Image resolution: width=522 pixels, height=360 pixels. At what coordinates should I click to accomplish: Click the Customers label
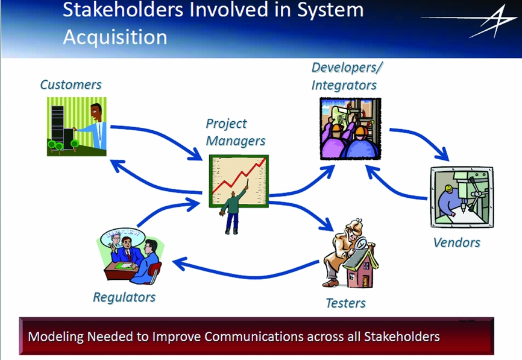click(x=71, y=84)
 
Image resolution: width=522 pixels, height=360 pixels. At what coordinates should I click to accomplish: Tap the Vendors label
click(x=457, y=242)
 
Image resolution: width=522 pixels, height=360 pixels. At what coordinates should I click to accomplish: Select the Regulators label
click(x=124, y=297)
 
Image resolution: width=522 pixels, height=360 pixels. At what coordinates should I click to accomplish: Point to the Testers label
click(x=345, y=303)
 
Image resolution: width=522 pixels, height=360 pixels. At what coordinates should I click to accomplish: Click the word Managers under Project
click(x=236, y=141)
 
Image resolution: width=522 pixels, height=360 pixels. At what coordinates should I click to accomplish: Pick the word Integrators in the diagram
click(x=344, y=85)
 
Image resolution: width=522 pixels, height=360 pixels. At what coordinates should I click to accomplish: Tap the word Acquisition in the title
click(x=115, y=37)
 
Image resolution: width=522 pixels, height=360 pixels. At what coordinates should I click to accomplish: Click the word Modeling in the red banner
click(x=55, y=336)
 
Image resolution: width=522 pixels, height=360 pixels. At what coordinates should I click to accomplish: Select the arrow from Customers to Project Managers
click(x=159, y=134)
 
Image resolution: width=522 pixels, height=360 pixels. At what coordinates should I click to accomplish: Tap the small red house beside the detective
click(x=361, y=267)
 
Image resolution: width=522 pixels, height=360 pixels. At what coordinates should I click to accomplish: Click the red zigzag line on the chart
click(x=239, y=175)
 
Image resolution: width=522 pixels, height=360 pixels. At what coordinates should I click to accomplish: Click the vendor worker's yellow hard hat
click(x=448, y=189)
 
